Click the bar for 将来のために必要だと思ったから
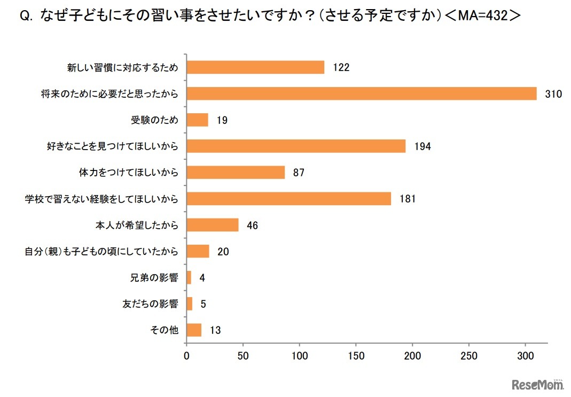point(361,94)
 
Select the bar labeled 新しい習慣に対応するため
point(255,67)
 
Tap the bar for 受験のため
point(197,120)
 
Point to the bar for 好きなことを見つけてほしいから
point(295,146)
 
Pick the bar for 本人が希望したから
point(212,225)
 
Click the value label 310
point(553,94)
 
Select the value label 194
point(422,146)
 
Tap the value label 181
point(407,199)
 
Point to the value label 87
point(298,173)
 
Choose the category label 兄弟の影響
point(154,278)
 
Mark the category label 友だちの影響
point(150,305)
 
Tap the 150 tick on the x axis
point(356,355)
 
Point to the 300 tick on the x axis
point(525,355)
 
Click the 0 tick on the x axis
point(186,355)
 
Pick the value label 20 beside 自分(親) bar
point(223,252)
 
